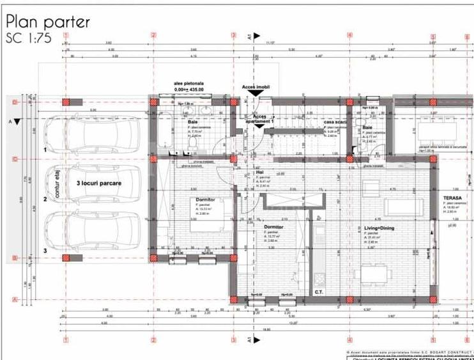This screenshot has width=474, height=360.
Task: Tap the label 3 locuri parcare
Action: click(x=99, y=182)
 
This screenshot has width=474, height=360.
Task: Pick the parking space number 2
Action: click(x=45, y=200)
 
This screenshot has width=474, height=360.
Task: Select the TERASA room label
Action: click(x=453, y=199)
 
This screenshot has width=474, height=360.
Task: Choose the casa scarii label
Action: click(x=334, y=122)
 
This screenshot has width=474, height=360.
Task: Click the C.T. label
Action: click(x=319, y=292)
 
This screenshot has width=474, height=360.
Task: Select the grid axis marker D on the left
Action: click(x=14, y=102)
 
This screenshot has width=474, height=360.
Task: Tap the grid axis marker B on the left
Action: click(x=14, y=258)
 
